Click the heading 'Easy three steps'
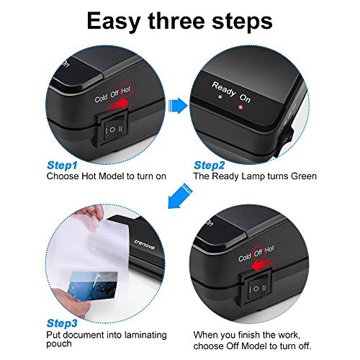[x=179, y=22]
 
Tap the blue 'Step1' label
[x=62, y=166]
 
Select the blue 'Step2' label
[x=209, y=166]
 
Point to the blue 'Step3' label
[x=62, y=323]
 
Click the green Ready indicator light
[x=220, y=97]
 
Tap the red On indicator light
[x=240, y=107]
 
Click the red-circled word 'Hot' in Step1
[x=126, y=91]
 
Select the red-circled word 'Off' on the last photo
[x=258, y=253]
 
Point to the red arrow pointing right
[x=117, y=104]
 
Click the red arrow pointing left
[x=261, y=264]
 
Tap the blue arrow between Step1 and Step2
[x=178, y=105]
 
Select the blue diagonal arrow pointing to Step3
[x=180, y=196]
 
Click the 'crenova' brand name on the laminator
[x=144, y=245]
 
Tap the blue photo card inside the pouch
[x=93, y=286]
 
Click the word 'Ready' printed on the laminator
[x=224, y=89]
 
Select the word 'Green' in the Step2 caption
[x=304, y=176]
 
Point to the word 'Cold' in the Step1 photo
[x=101, y=98]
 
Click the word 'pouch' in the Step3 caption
[x=59, y=344]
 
